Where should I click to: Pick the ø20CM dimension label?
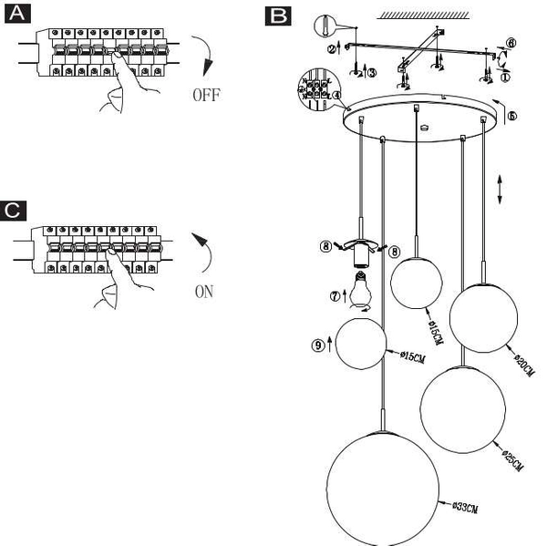pos(523,364)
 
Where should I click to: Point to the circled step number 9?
pos(317,345)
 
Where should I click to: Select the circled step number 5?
pos(511,117)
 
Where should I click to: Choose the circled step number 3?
pos(371,71)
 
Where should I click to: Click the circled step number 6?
pos(511,42)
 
